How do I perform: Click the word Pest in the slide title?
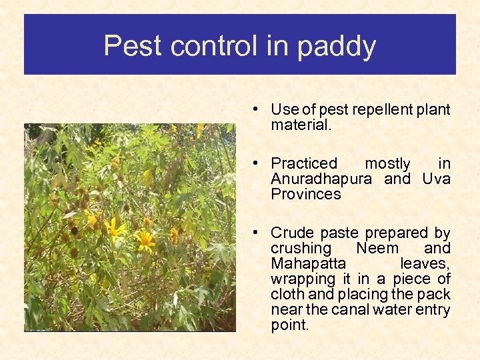point(133,47)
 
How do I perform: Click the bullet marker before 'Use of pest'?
point(255,110)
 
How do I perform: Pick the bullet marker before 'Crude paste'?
point(255,233)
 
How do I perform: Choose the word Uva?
point(437,179)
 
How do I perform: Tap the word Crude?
point(293,233)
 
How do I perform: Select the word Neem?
point(377,249)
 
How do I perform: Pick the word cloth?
point(287,295)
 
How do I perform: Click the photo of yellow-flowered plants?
point(129,227)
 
